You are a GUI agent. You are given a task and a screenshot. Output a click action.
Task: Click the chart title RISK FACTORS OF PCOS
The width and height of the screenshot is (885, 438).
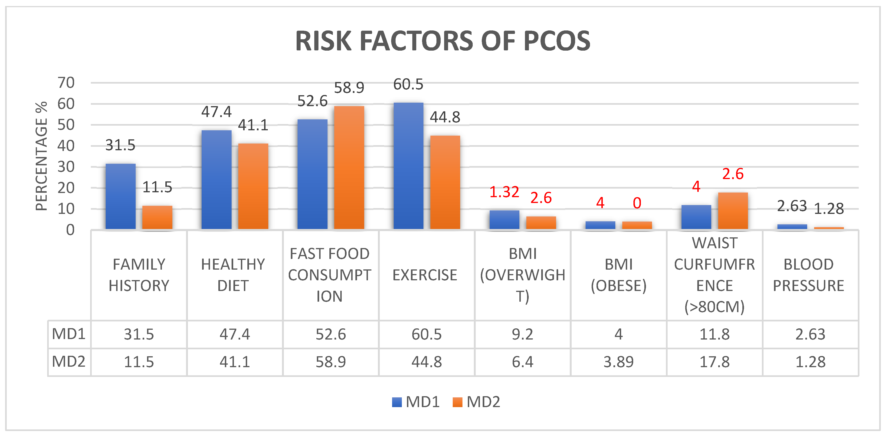442,41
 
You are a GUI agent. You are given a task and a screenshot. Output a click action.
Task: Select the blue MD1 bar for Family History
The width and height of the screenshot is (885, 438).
120,196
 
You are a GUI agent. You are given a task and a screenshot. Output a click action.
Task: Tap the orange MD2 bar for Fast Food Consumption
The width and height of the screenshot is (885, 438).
349,168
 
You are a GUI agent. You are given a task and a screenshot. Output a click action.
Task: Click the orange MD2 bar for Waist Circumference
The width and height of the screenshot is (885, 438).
733,211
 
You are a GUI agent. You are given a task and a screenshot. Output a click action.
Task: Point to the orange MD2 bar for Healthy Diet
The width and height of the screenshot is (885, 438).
253,186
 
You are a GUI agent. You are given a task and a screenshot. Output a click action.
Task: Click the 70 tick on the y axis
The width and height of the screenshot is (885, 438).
66,83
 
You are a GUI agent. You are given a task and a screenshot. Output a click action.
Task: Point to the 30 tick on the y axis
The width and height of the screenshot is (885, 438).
66,167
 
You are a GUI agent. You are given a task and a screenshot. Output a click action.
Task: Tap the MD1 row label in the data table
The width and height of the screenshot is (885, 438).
69,334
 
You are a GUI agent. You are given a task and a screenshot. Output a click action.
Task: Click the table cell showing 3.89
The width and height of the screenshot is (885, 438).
618,362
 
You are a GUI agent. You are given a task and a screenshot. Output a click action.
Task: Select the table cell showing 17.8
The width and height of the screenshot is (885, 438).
715,362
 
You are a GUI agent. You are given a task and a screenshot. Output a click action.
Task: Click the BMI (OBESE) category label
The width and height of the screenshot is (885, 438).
618,275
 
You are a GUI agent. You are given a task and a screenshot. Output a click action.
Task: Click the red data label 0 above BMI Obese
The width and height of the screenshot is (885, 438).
637,203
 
